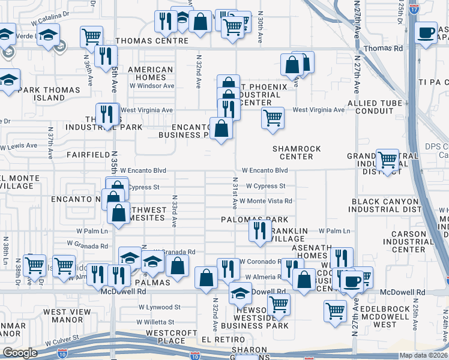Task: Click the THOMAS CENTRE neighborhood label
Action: pyautogui.click(x=152, y=41)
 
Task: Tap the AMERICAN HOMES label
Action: pyautogui.click(x=151, y=73)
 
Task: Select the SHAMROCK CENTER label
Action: pyautogui.click(x=297, y=152)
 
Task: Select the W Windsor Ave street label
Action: pyautogui.click(x=152, y=86)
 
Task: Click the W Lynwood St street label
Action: pyautogui.click(x=159, y=307)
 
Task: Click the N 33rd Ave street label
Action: pyautogui.click(x=175, y=211)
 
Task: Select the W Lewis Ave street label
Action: pyautogui.click(x=19, y=146)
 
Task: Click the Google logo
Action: pyautogui.click(x=20, y=353)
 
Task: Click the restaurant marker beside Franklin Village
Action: pyautogui.click(x=259, y=230)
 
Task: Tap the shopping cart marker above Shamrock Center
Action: pyautogui.click(x=273, y=117)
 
